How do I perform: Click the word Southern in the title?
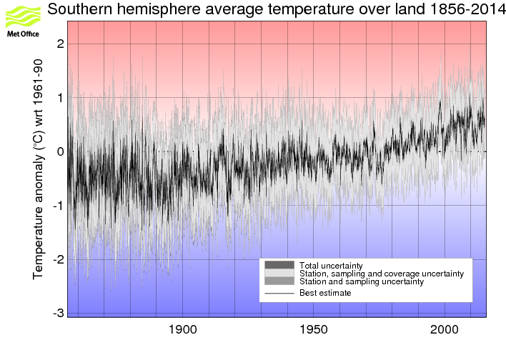tap(80, 10)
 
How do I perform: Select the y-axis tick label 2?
tap(61, 44)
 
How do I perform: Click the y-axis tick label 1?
tap(61, 97)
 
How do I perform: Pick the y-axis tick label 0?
tap(61, 151)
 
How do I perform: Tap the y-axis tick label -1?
tap(59, 206)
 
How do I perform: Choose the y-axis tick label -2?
tap(59, 259)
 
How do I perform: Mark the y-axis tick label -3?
tap(59, 313)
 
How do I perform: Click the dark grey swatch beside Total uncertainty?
tap(279, 265)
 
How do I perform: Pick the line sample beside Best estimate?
tap(279, 293)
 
